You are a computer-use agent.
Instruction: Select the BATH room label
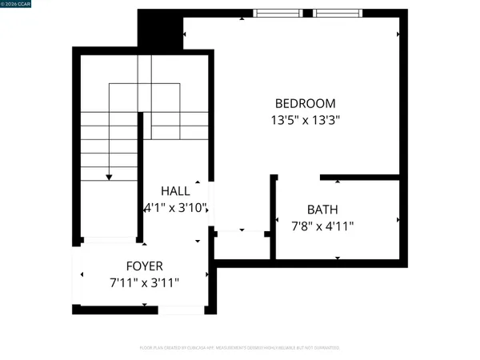pos(322,210)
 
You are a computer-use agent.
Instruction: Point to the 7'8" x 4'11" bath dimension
pos(322,226)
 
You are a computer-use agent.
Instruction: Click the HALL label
pos(175,191)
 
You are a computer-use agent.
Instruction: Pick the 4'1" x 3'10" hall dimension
pos(176,208)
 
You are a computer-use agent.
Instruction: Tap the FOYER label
pos(145,266)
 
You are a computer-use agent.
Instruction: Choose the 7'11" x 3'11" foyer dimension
pos(145,282)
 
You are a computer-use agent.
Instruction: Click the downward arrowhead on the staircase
pos(110,176)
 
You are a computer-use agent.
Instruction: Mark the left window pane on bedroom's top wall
pos(279,13)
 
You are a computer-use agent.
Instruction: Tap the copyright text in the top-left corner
pos(18,5)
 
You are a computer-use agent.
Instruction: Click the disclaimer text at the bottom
pos(239,348)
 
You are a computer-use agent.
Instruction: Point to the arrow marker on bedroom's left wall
pos(186,34)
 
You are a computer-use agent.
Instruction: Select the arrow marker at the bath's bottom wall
pos(338,258)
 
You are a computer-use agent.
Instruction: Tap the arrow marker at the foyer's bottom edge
pos(144,305)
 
